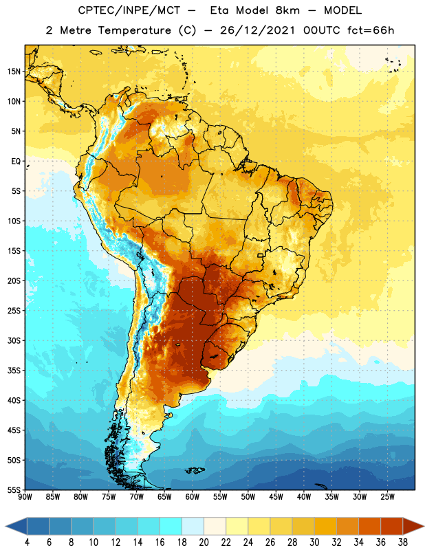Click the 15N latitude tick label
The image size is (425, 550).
pyautogui.click(x=14, y=71)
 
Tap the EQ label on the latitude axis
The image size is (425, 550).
pyautogui.click(x=16, y=162)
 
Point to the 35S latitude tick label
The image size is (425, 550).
pyautogui.click(x=14, y=371)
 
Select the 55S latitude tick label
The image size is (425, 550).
pyautogui.click(x=14, y=489)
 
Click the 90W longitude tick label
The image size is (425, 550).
pyautogui.click(x=25, y=496)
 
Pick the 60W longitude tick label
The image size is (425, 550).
pyautogui.click(x=193, y=496)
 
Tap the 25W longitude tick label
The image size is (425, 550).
pyautogui.click(x=387, y=496)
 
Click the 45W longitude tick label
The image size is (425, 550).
pyautogui.click(x=276, y=496)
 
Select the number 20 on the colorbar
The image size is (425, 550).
pyautogui.click(x=204, y=542)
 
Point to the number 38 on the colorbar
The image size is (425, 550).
pyautogui.click(x=402, y=542)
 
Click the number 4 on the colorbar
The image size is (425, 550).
pyautogui.click(x=27, y=542)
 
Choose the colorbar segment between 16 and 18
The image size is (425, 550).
pyautogui.click(x=171, y=526)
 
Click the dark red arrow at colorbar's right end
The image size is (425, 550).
pyautogui.click(x=413, y=526)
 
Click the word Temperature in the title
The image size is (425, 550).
pyautogui.click(x=134, y=30)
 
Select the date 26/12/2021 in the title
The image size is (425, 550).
pyautogui.click(x=258, y=30)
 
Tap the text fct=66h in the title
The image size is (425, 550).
pyautogui.click(x=371, y=30)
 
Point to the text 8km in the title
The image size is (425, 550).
pyautogui.click(x=287, y=10)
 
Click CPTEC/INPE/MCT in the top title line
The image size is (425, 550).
pyautogui.click(x=129, y=10)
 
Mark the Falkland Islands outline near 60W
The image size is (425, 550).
pyautogui.click(x=195, y=470)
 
